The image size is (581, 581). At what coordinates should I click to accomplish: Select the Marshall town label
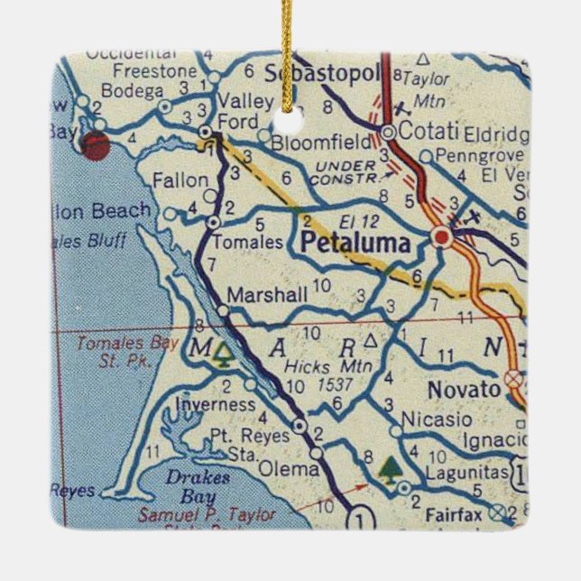[x=267, y=294]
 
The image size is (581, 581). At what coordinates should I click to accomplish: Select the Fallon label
[x=180, y=180]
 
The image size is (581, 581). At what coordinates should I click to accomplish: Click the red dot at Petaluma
[x=441, y=236]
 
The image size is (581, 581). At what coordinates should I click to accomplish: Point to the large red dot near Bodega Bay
[x=95, y=144]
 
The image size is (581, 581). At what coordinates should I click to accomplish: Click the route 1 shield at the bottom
[x=362, y=518]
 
